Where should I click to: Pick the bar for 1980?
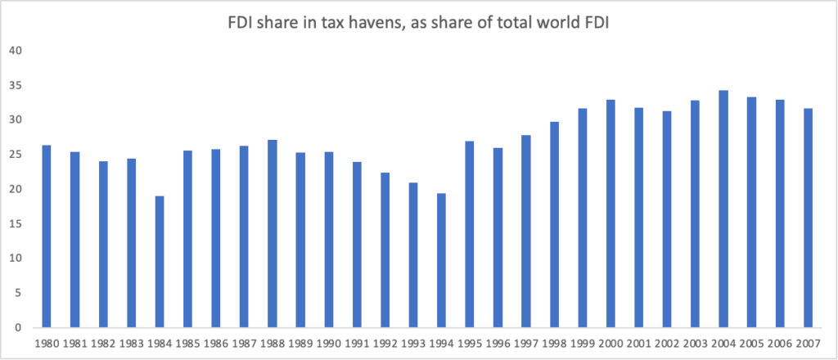(47, 236)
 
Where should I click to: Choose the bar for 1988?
(273, 234)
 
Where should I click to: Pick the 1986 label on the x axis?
(216, 342)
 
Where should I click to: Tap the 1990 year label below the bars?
(329, 342)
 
